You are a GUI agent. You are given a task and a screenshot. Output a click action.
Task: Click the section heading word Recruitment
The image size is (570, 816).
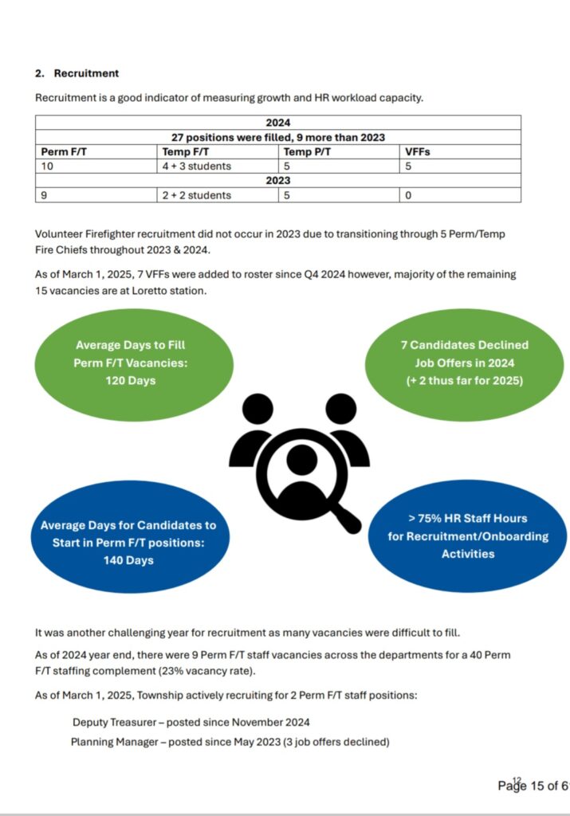[x=86, y=73]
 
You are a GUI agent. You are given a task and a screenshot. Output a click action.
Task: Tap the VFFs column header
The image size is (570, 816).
[x=417, y=151]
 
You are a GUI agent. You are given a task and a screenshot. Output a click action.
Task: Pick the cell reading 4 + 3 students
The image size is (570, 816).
[x=197, y=166]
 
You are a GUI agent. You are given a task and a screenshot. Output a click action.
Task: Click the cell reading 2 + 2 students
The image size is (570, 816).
[x=197, y=195]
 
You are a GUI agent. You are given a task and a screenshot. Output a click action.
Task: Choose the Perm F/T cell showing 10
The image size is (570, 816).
[x=47, y=166]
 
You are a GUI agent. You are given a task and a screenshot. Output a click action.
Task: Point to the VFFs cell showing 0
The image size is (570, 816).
[x=408, y=195]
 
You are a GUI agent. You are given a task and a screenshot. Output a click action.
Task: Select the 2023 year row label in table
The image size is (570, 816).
[x=277, y=181]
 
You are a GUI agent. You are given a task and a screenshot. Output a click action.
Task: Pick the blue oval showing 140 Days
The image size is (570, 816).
[x=128, y=542]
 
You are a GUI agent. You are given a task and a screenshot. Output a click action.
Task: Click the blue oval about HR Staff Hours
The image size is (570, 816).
[x=468, y=535]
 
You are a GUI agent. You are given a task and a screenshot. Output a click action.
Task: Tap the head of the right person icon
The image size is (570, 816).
[x=341, y=409]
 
